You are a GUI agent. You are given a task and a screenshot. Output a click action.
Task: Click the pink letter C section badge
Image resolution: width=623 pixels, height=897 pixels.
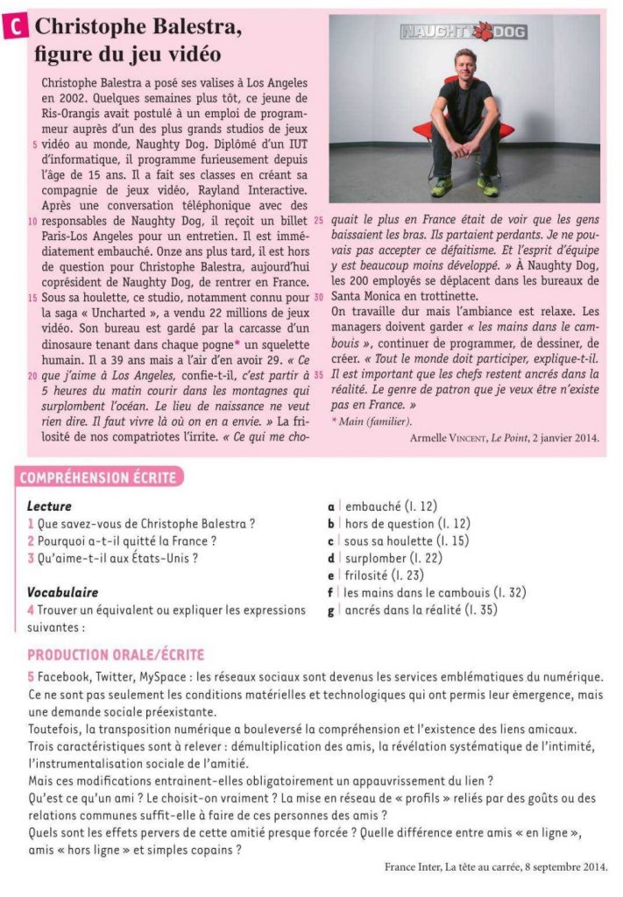[x=17, y=27]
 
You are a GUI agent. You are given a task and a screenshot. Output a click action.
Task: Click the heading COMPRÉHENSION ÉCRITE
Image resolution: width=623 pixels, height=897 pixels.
[x=96, y=477]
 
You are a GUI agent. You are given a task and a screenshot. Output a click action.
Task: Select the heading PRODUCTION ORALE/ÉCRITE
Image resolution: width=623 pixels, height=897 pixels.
[x=116, y=655]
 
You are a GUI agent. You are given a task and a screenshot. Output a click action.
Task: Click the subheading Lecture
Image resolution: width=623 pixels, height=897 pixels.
[x=49, y=506]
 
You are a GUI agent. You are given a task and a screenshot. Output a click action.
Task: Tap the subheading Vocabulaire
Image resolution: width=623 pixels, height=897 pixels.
[x=62, y=592]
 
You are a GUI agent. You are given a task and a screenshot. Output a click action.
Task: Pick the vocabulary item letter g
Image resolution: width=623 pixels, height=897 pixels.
[x=331, y=610]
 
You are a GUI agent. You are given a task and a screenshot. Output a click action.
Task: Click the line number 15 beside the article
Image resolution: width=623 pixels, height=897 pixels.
[x=32, y=298]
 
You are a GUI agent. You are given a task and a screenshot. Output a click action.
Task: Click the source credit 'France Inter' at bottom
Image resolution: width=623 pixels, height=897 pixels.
[x=414, y=867]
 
